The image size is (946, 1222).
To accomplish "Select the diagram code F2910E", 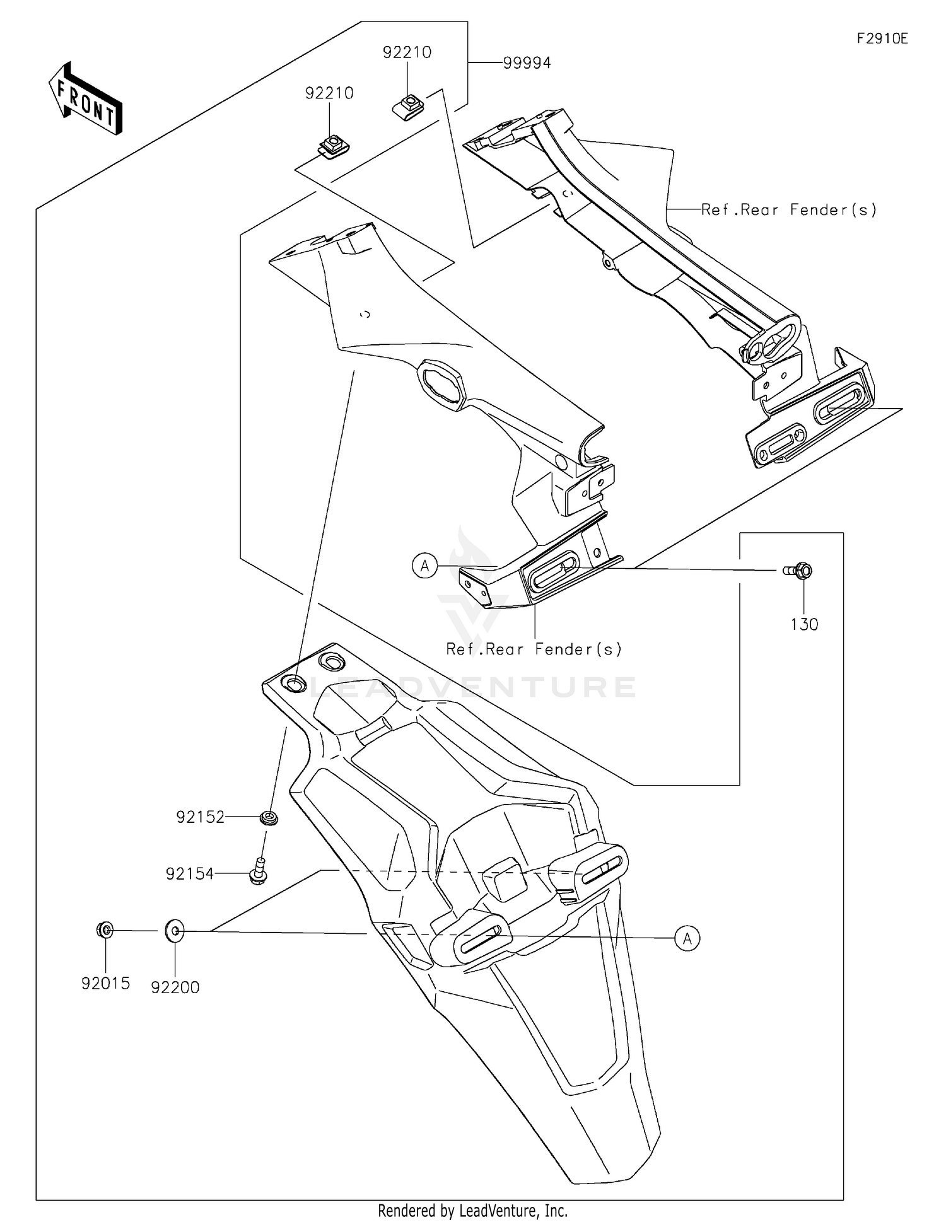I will (882, 38).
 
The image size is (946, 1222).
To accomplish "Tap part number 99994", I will (527, 63).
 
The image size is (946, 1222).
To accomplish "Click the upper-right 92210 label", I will (407, 52).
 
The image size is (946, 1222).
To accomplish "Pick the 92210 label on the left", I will (329, 93).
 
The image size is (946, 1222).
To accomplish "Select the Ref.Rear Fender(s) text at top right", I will (788, 210).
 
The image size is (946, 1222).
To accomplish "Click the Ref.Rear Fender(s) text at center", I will (534, 649).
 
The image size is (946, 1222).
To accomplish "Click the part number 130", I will (804, 624).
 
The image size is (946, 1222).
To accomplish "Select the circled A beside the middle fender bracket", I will (425, 566).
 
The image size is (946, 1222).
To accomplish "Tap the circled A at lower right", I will (687, 939).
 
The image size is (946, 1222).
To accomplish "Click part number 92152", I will (201, 817).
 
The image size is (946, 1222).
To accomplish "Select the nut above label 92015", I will (105, 930).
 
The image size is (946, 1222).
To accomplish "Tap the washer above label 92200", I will (175, 931).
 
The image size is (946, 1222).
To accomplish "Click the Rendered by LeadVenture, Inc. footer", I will (472, 1210).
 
